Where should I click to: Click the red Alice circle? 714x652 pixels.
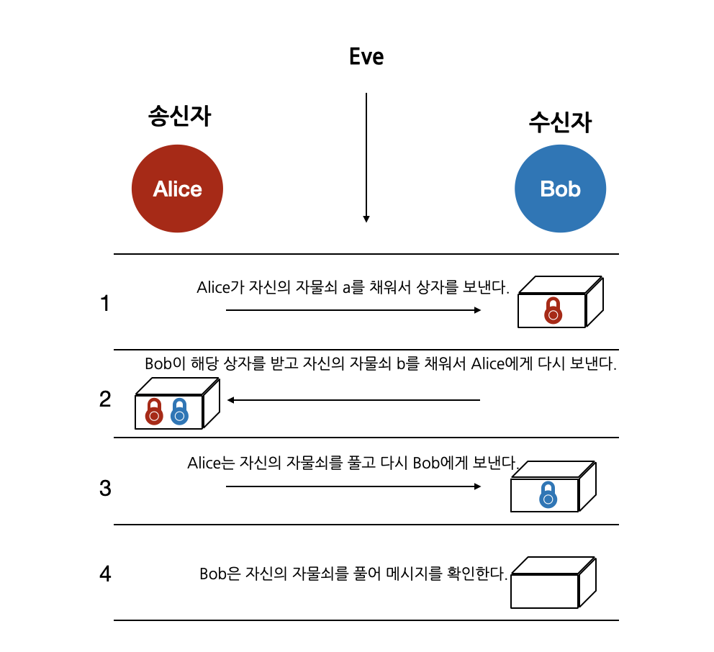click(x=177, y=189)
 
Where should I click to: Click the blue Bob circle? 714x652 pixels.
click(x=560, y=189)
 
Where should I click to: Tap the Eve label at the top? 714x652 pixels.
click(x=366, y=57)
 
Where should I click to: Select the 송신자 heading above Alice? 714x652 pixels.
click(x=179, y=116)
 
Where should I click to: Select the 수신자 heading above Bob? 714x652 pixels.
click(x=560, y=122)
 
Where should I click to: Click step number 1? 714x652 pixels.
click(x=105, y=304)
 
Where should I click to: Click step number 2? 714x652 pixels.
click(x=105, y=399)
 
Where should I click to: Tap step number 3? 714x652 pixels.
click(x=105, y=489)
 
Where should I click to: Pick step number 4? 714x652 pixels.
click(x=105, y=575)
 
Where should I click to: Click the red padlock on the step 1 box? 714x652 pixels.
click(x=553, y=310)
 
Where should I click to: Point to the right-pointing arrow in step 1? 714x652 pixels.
click(x=353, y=310)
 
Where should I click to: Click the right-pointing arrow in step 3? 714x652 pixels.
click(x=353, y=486)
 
